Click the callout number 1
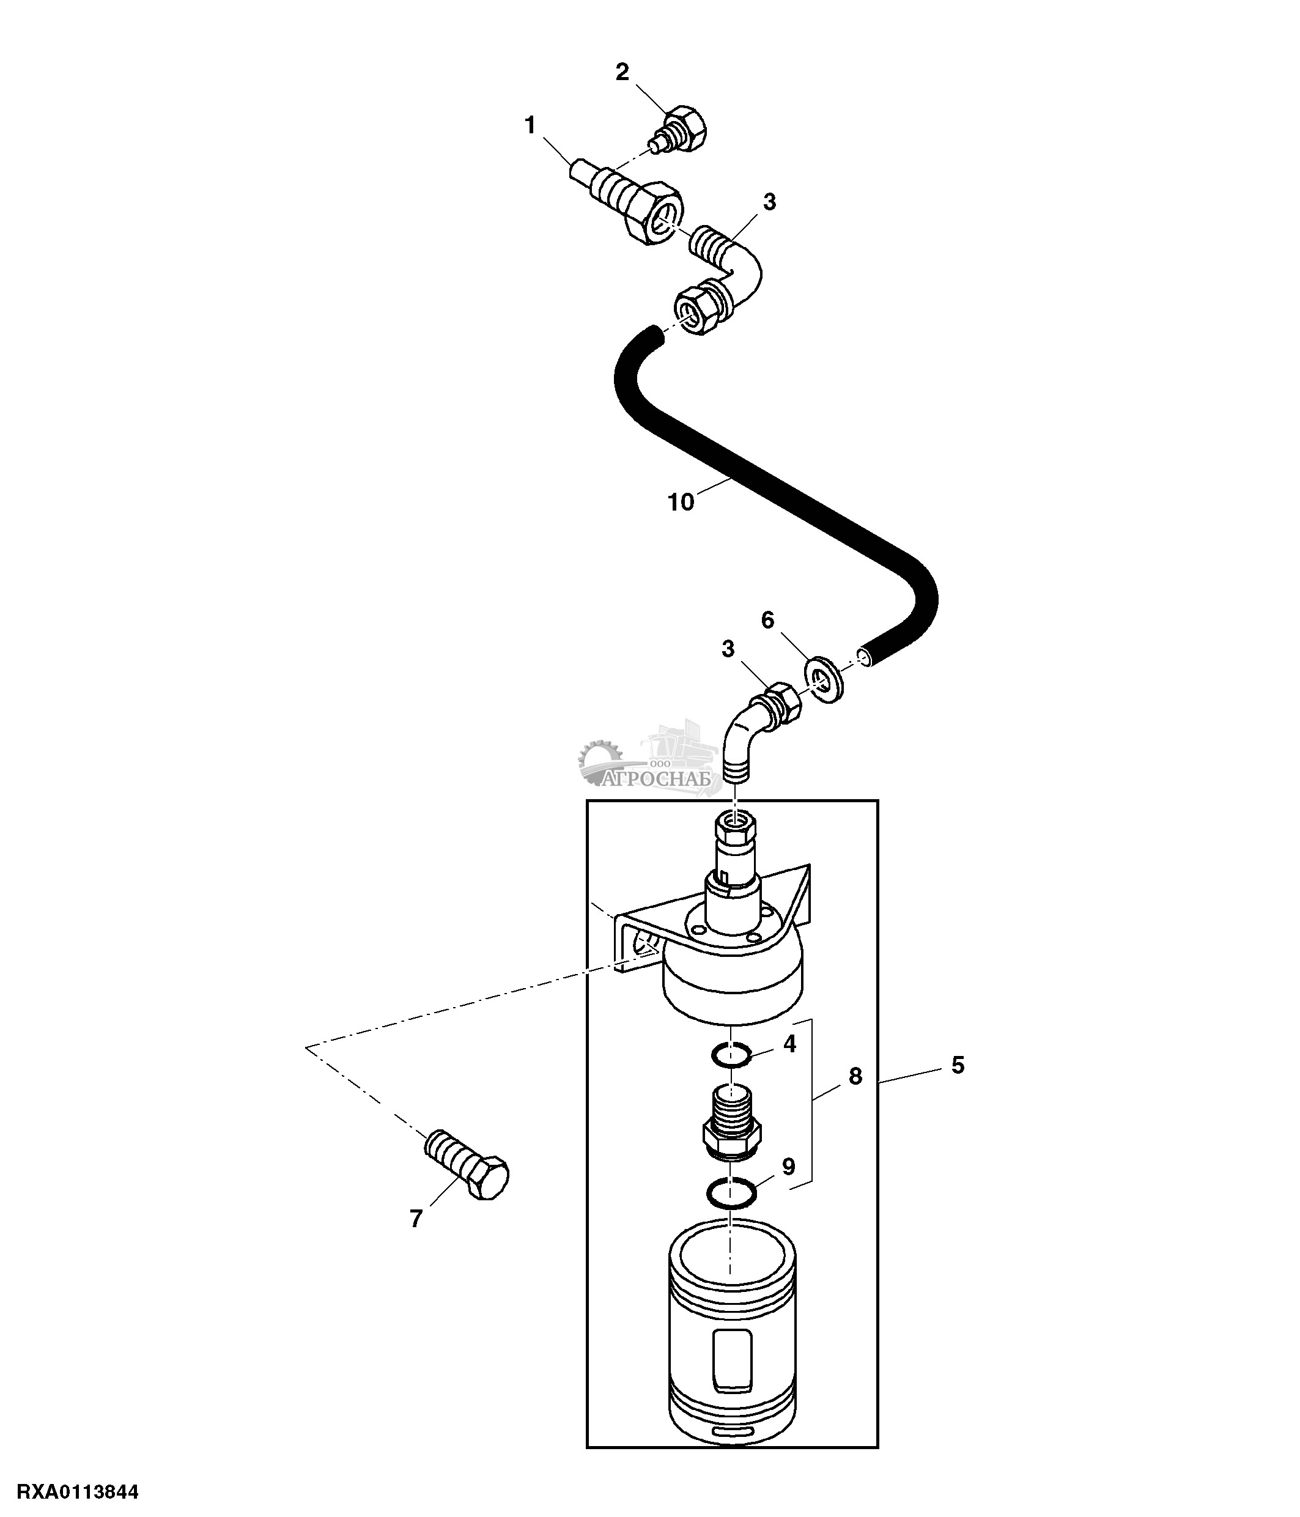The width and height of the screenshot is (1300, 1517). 530,126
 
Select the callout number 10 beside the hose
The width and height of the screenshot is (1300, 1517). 681,502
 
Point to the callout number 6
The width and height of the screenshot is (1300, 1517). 767,620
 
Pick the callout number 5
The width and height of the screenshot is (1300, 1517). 958,1065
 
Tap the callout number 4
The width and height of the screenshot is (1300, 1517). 789,1043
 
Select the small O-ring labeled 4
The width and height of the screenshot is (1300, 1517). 731,1056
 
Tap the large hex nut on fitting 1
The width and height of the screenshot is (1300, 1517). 652,213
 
